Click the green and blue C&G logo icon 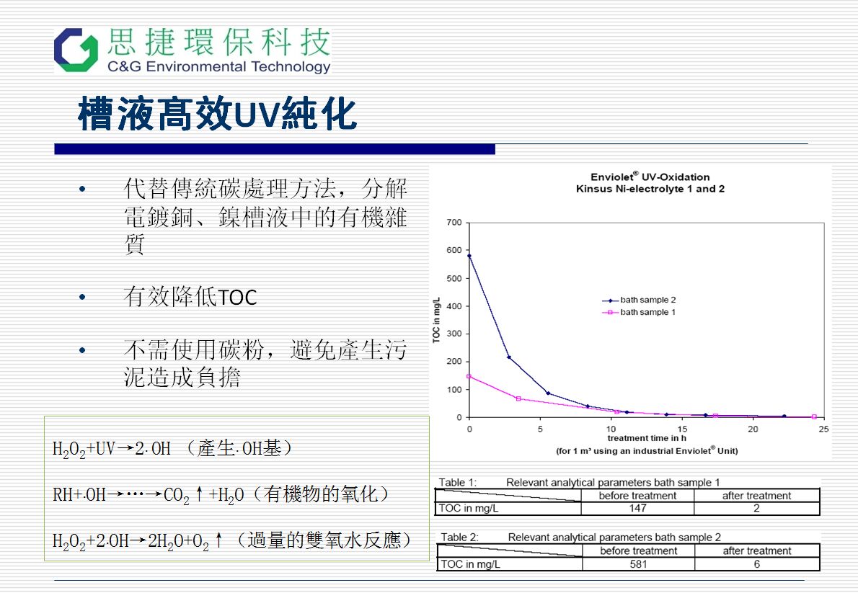(76, 50)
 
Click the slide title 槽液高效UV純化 (217, 114)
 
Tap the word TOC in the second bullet (237, 298)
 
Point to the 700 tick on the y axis (454, 222)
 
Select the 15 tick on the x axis (682, 429)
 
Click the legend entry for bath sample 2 (639, 300)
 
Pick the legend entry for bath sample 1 (639, 313)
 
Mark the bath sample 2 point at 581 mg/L (469, 256)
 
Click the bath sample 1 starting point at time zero (469, 376)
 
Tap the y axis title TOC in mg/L (436, 320)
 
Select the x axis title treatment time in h (647, 438)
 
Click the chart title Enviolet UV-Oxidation (650, 177)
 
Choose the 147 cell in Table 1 (637, 508)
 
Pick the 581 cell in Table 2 (638, 564)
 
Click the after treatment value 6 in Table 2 (757, 564)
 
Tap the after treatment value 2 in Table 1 (757, 508)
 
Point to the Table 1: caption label (457, 483)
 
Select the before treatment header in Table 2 (639, 551)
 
